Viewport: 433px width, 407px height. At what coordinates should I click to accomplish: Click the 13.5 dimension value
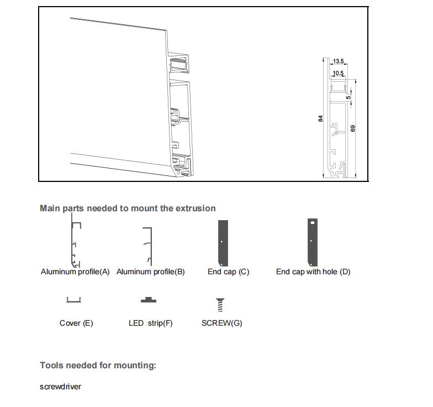(339, 62)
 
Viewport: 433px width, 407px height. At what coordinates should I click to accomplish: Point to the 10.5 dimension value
(338, 73)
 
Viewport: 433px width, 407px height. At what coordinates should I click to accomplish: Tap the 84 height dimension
(320, 118)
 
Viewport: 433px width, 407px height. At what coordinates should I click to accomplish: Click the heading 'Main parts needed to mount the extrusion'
(128, 208)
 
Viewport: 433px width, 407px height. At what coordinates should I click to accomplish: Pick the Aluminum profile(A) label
(75, 272)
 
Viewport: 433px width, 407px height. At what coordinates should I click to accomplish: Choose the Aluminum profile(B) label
(150, 272)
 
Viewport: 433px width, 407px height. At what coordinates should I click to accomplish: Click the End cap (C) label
(229, 272)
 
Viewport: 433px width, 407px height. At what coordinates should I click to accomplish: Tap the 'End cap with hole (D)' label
(313, 272)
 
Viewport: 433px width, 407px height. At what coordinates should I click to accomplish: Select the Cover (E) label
(76, 323)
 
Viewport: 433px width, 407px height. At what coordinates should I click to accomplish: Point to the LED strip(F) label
(150, 323)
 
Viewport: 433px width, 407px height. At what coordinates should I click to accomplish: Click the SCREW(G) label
(221, 323)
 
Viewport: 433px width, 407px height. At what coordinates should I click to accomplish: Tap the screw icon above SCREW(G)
(221, 304)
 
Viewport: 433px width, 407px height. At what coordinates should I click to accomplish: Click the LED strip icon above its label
(148, 300)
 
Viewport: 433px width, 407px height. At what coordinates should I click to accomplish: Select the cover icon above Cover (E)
(73, 300)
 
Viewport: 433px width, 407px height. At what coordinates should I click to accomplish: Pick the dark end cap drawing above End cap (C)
(223, 243)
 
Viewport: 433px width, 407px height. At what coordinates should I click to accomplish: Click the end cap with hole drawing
(313, 242)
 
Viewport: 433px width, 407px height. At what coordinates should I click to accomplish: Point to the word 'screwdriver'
(60, 387)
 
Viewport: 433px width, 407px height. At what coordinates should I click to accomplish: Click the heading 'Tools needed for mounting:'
(98, 366)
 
